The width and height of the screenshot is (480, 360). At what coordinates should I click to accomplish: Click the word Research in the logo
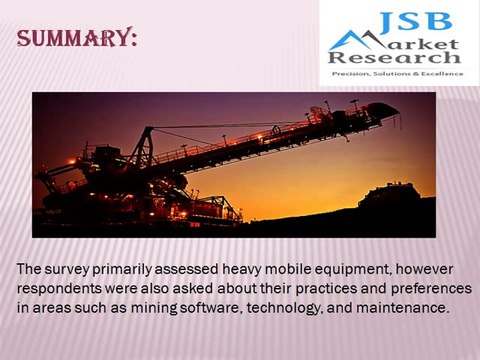point(406,60)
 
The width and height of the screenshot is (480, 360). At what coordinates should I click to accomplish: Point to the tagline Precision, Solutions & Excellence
point(396,74)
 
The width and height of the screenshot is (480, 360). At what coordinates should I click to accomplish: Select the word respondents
point(61,289)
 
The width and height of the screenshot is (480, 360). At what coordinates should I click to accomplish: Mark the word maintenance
point(407,307)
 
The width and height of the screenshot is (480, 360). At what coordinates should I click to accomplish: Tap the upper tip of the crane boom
point(393,108)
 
